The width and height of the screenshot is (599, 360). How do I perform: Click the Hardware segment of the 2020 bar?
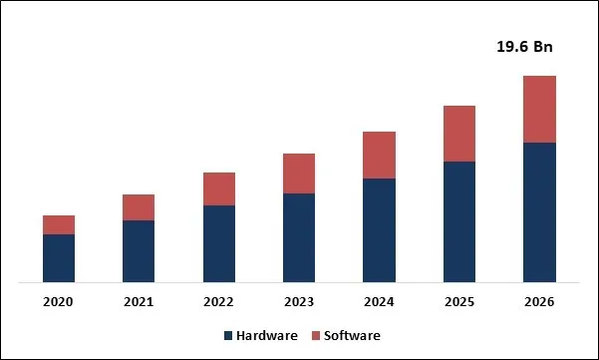pyautogui.click(x=59, y=258)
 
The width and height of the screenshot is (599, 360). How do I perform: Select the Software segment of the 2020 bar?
pyautogui.click(x=59, y=224)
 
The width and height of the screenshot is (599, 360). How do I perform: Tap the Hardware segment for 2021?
pyautogui.click(x=139, y=251)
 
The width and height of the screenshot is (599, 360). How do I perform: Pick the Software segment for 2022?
pyautogui.click(x=219, y=188)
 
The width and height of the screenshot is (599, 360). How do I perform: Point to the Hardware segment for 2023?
pyautogui.click(x=299, y=237)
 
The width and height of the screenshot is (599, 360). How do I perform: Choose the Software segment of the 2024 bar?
pyautogui.click(x=379, y=155)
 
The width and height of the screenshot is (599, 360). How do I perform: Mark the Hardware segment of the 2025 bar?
pyautogui.click(x=459, y=221)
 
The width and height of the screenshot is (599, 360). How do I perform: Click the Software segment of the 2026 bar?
pyautogui.click(x=539, y=109)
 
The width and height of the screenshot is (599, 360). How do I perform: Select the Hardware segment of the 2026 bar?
pyautogui.click(x=539, y=212)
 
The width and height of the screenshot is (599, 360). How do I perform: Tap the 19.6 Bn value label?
pyautogui.click(x=524, y=47)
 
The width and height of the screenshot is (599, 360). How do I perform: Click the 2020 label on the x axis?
pyautogui.click(x=59, y=301)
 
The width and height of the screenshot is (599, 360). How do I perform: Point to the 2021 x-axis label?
pyautogui.click(x=139, y=301)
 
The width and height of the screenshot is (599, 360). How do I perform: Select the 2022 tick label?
pyautogui.click(x=219, y=301)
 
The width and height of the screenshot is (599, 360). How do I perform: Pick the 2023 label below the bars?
pyautogui.click(x=299, y=301)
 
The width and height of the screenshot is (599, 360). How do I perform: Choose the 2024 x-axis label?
pyautogui.click(x=379, y=301)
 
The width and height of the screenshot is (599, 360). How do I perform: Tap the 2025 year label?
pyautogui.click(x=459, y=301)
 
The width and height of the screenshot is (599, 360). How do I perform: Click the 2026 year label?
pyautogui.click(x=539, y=301)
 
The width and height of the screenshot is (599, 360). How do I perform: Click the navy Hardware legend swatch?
pyautogui.click(x=228, y=336)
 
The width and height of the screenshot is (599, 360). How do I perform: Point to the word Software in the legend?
pyautogui.click(x=351, y=336)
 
